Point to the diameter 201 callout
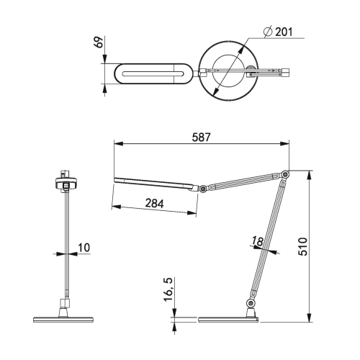(x=280, y=31)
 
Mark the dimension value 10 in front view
(x=84, y=248)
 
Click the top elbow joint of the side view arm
(x=286, y=174)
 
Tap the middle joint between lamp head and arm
(x=204, y=189)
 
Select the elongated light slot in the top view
(x=153, y=73)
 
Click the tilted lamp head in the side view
(x=155, y=182)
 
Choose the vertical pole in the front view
(x=67, y=245)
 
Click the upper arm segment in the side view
(x=245, y=181)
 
